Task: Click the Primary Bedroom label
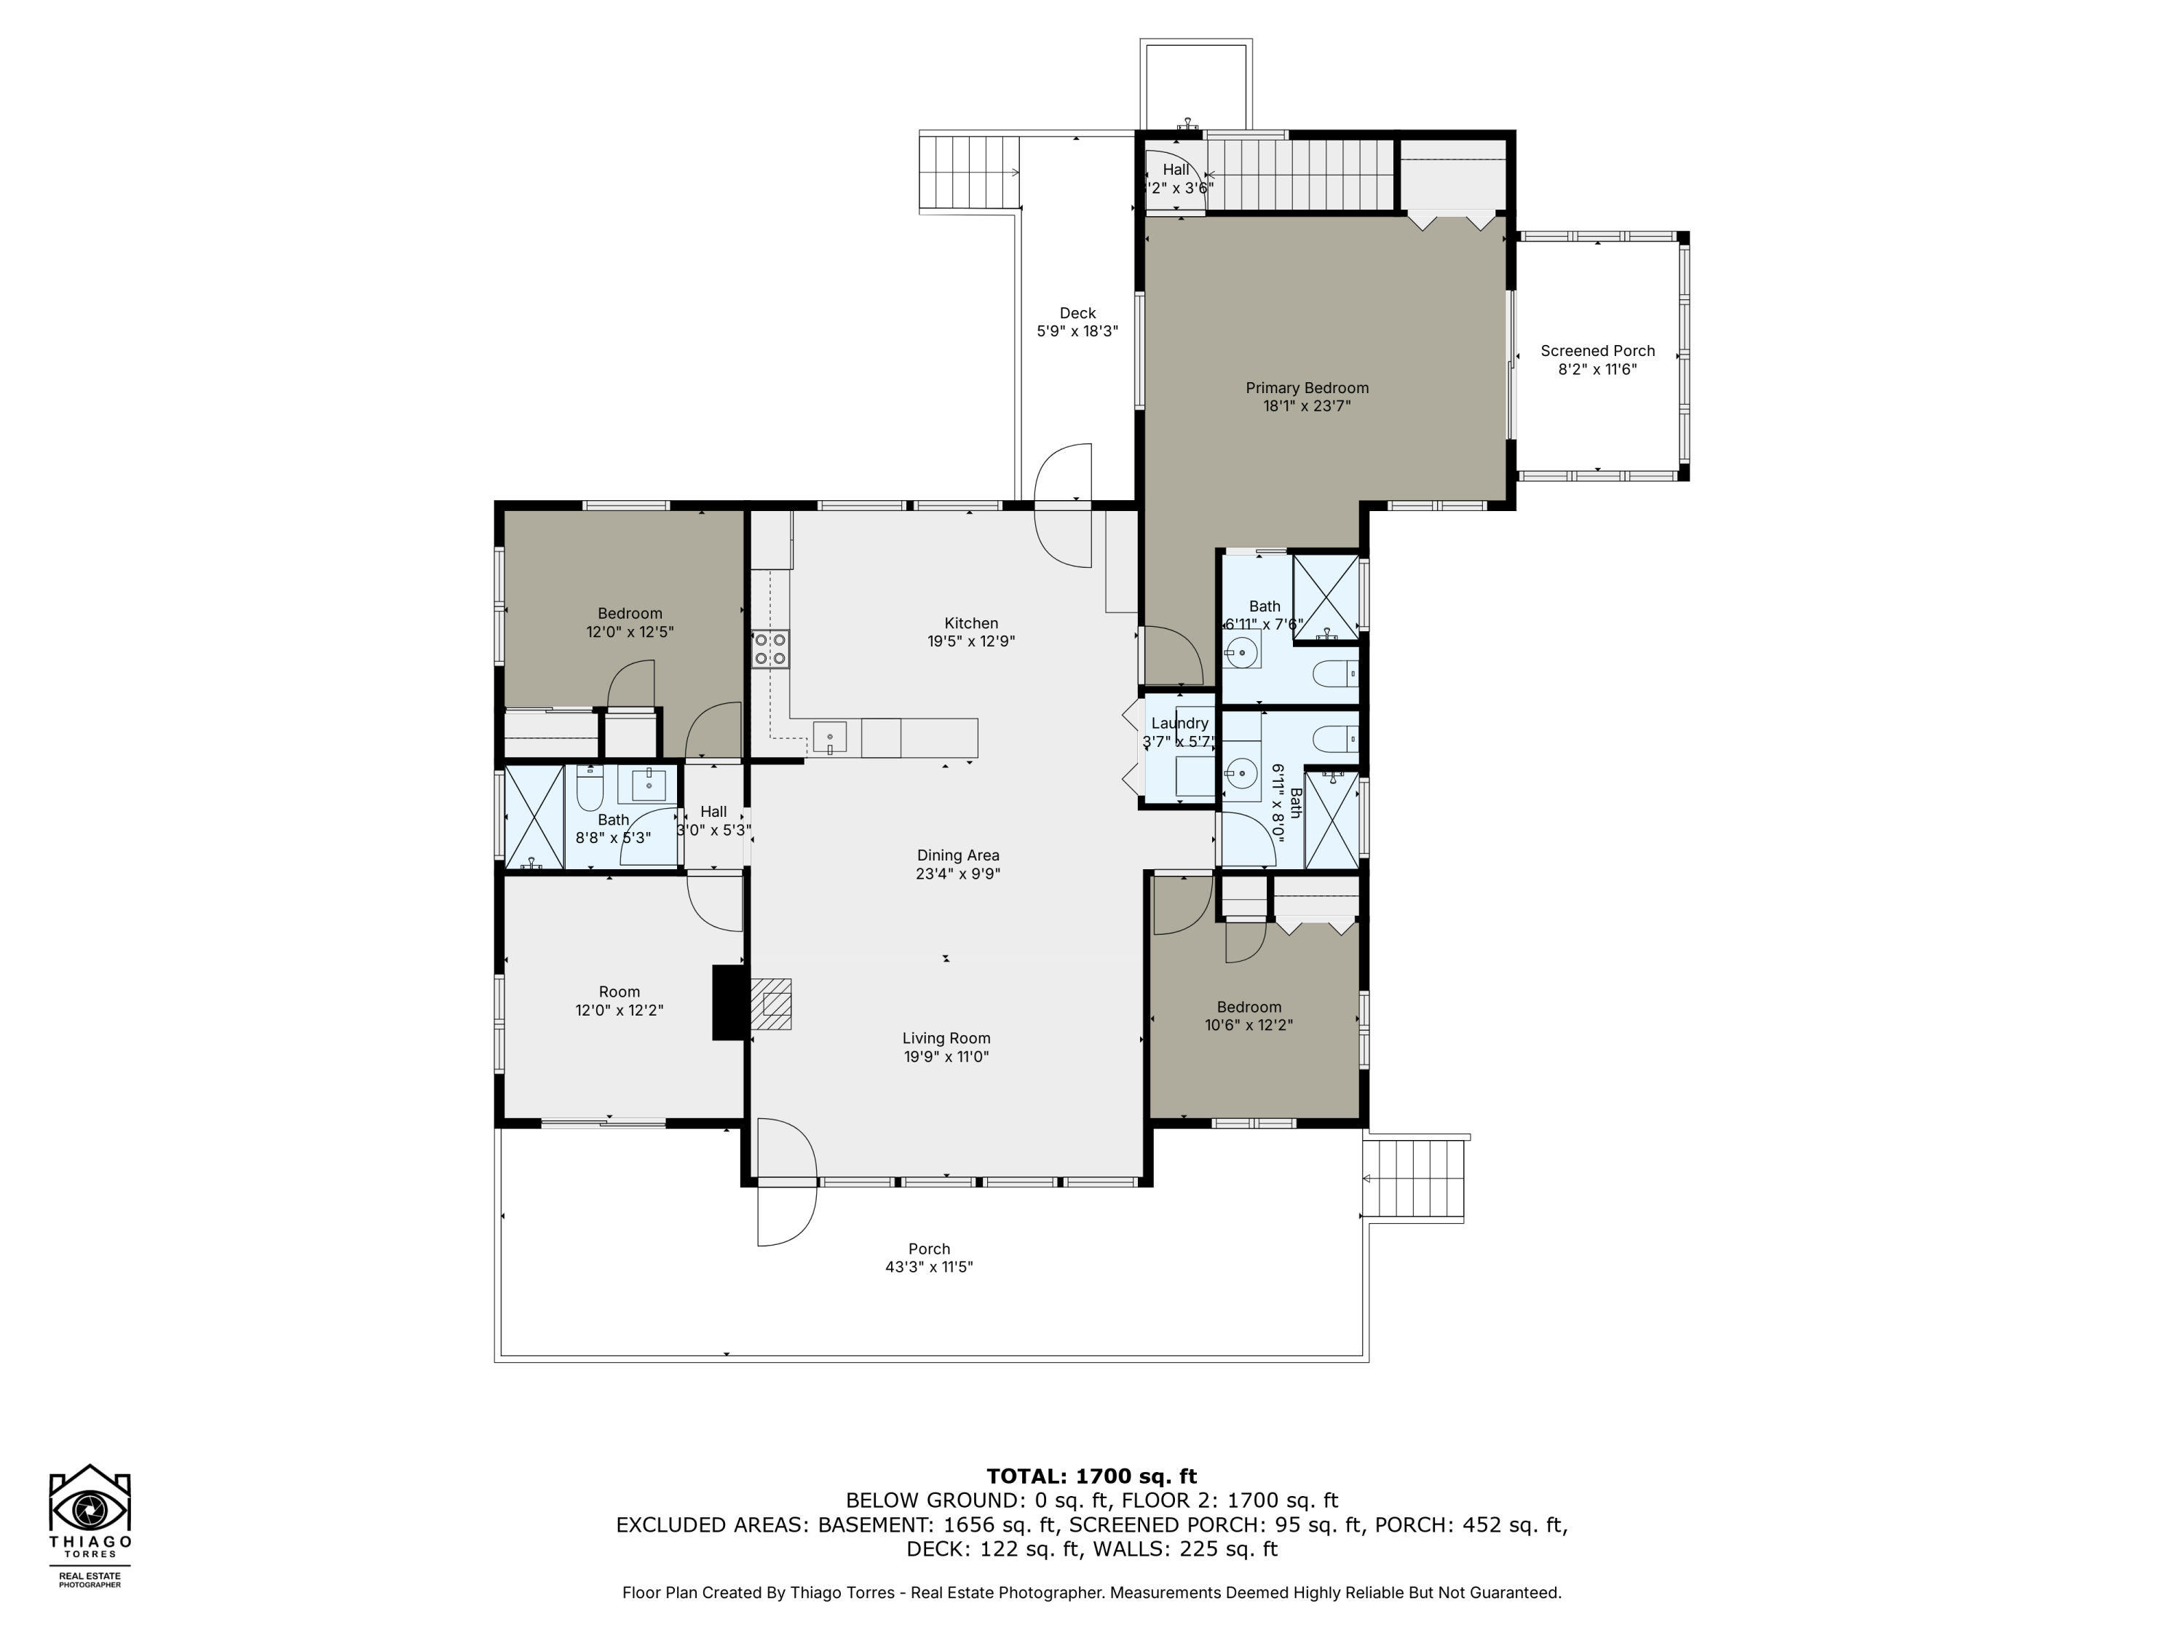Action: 1306,388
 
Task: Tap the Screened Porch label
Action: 1597,350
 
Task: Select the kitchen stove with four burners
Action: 770,649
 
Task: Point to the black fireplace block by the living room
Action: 729,1002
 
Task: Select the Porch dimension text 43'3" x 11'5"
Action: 928,1267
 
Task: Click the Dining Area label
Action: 958,855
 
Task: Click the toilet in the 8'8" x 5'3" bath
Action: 590,789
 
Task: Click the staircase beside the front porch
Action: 1413,1180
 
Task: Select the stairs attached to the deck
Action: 968,173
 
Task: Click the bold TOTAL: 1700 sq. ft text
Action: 1091,1476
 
